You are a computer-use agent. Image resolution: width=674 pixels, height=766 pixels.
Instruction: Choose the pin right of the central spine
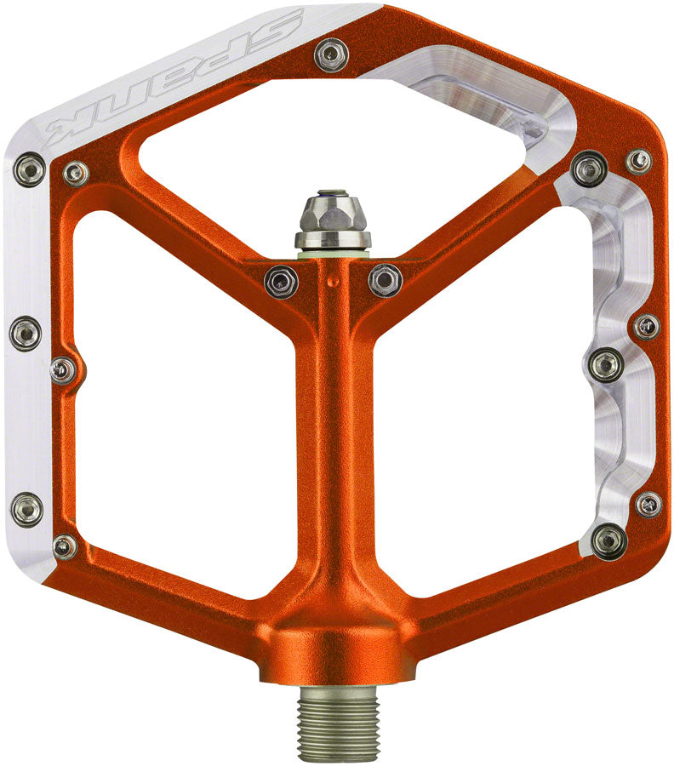pyautogui.click(x=386, y=280)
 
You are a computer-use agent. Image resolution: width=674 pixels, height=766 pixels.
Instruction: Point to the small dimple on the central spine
pyautogui.click(x=334, y=282)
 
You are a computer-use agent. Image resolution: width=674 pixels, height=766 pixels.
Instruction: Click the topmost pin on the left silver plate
pyautogui.click(x=31, y=169)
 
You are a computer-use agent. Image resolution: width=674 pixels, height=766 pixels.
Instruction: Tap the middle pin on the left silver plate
pyautogui.click(x=26, y=333)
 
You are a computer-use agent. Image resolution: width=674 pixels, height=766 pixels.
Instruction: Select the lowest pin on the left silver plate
pyautogui.click(x=27, y=510)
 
